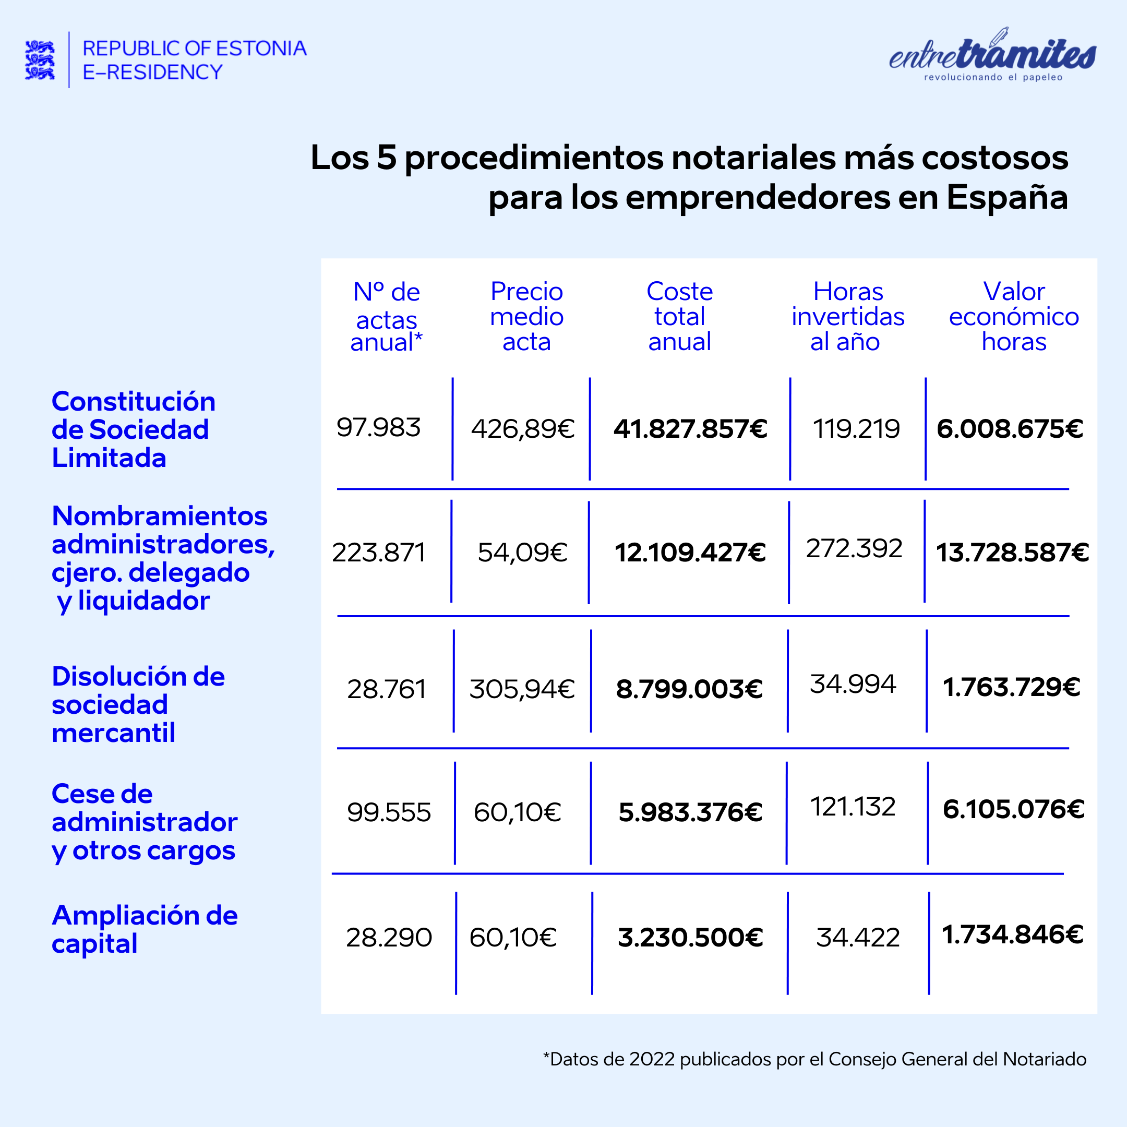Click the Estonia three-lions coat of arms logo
pos(40,59)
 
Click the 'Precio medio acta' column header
pos(526,317)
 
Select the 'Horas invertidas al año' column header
pos(847,317)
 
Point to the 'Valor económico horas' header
pos(1014,317)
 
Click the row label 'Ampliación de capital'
pos(145,929)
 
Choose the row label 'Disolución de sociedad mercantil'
pos(138,705)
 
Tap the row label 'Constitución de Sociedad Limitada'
pos(134,429)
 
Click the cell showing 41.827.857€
pos(690,429)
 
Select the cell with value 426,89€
pos(523,429)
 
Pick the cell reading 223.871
pos(379,553)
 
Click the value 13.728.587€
pos(1012,553)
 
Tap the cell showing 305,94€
pos(522,689)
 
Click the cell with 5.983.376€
pos(690,812)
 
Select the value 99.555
pos(389,812)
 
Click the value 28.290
pos(389,938)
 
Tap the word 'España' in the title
pos(1007,197)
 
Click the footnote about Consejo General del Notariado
pos(814,1059)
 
